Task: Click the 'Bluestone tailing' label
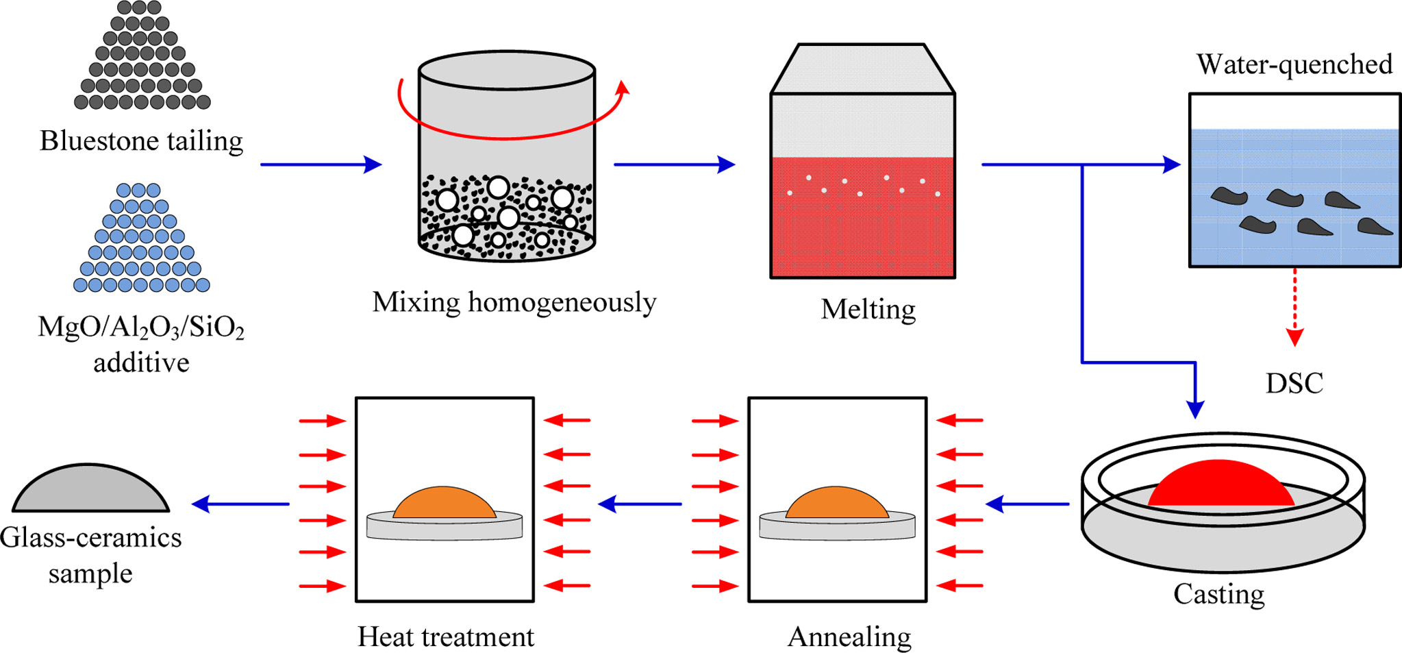(141, 141)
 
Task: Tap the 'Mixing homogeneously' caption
(514, 302)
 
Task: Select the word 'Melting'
(868, 309)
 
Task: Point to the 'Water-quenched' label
(1294, 64)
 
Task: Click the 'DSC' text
(1294, 383)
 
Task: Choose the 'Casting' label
(1218, 594)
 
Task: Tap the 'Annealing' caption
(849, 637)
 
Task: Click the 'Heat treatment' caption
(445, 637)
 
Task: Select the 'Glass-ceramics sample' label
(90, 555)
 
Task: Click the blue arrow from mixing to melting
(674, 164)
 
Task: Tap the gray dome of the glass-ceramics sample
(90, 490)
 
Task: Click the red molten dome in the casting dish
(1221, 485)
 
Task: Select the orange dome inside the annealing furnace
(837, 504)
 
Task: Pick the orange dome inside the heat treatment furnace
(444, 504)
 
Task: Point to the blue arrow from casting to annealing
(1027, 504)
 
